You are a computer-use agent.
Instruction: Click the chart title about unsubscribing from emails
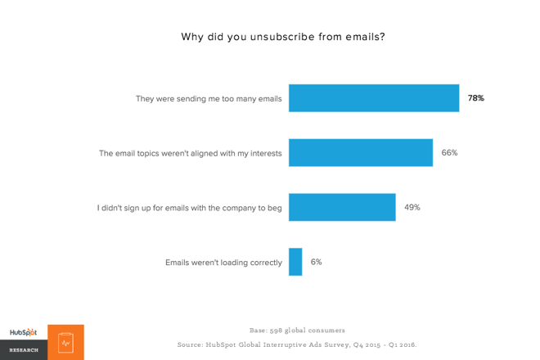click(282, 37)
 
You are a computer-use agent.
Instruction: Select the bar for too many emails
click(373, 98)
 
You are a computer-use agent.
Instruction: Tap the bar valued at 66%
click(360, 153)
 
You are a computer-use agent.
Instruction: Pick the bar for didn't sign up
click(342, 207)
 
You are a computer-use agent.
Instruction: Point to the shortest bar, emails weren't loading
click(295, 262)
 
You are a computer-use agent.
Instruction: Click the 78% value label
click(475, 98)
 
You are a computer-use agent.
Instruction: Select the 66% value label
click(449, 153)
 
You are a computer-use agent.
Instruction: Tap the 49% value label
click(412, 207)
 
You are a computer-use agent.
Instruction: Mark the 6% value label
click(316, 262)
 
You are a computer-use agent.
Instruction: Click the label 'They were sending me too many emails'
click(209, 99)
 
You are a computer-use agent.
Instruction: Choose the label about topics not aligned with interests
click(190, 153)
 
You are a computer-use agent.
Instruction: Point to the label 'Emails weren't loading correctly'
click(223, 263)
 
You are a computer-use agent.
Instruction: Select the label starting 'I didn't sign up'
click(189, 208)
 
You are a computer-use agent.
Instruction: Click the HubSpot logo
click(23, 332)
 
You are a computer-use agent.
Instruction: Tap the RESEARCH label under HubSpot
click(24, 350)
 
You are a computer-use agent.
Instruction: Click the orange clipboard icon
click(65, 343)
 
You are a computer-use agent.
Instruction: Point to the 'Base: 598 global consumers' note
click(297, 331)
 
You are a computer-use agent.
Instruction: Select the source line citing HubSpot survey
click(297, 344)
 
